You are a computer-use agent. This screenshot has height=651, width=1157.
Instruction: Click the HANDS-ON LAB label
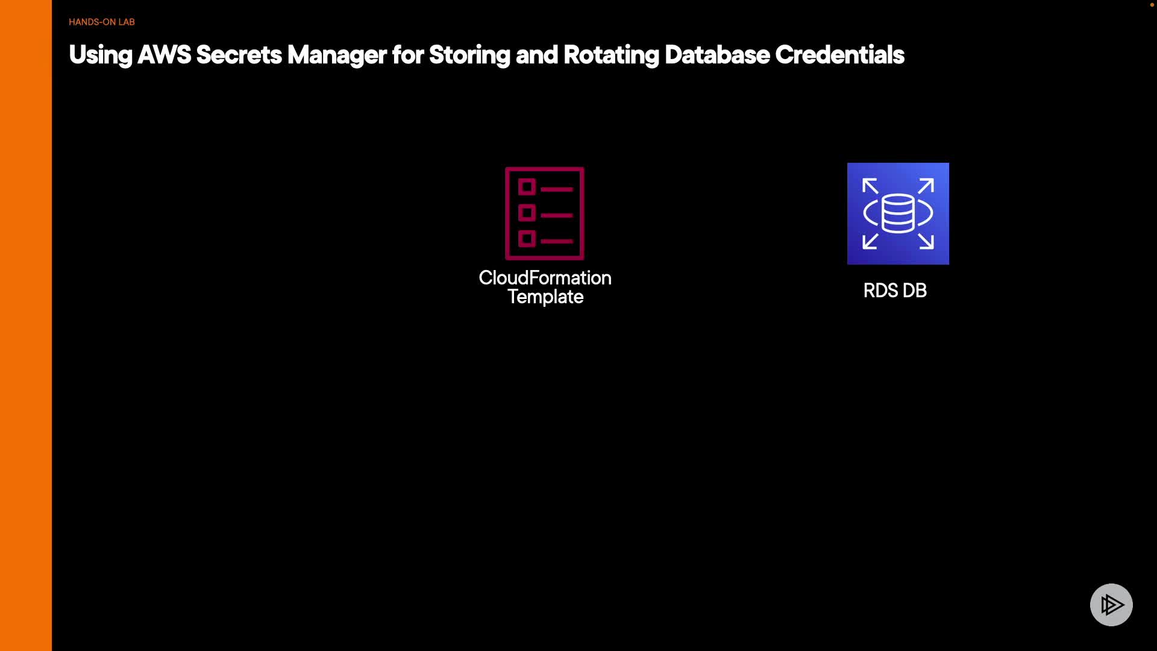tap(101, 22)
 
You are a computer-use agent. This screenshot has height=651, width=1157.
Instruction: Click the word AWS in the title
tap(164, 55)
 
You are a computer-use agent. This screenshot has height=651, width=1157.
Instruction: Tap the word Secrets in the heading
tap(239, 55)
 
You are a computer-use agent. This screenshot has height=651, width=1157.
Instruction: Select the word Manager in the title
tap(337, 55)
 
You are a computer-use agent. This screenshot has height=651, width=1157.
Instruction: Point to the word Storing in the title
tap(469, 55)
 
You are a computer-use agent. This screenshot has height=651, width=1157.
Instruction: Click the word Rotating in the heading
tap(611, 55)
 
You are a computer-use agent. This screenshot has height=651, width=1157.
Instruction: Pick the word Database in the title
tap(717, 55)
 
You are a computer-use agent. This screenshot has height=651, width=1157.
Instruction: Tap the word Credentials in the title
tap(839, 55)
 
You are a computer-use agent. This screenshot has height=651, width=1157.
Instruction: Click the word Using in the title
tap(101, 55)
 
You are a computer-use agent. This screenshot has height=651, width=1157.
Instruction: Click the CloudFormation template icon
tap(545, 213)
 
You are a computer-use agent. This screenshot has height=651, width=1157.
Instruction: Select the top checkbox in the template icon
tap(527, 187)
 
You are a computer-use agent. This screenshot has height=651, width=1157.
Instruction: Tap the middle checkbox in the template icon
tap(527, 213)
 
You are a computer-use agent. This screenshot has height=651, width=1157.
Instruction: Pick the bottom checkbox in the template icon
tap(527, 239)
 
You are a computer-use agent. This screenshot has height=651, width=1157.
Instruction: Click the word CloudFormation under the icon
tap(545, 278)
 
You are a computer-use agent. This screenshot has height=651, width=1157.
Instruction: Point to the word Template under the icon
tap(545, 297)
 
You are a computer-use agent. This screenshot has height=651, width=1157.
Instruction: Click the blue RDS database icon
tap(898, 213)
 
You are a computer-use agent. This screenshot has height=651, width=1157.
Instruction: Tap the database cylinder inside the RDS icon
tap(898, 213)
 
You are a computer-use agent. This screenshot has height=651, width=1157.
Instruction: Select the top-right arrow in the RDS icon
tap(926, 186)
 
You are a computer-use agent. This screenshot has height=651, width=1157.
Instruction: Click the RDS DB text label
tap(895, 291)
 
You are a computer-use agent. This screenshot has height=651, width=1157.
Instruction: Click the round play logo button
tap(1111, 605)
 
